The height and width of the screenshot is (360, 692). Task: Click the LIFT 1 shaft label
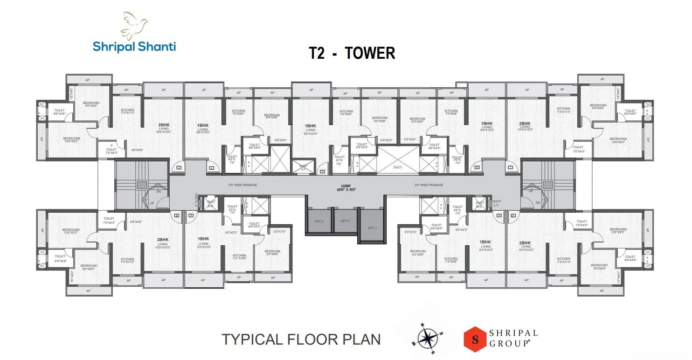(372, 228)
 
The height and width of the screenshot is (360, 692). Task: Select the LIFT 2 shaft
(345, 221)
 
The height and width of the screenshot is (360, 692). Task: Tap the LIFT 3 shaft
(319, 221)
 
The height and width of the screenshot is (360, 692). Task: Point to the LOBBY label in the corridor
(346, 187)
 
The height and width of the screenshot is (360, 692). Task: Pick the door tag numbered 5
(322, 172)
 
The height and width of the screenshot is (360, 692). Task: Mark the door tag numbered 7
(511, 167)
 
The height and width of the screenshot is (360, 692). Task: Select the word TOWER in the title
(370, 53)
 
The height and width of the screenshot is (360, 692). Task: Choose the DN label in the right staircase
(538, 202)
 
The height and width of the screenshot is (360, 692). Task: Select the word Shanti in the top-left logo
(156, 47)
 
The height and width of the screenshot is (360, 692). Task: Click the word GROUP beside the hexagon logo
(509, 343)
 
